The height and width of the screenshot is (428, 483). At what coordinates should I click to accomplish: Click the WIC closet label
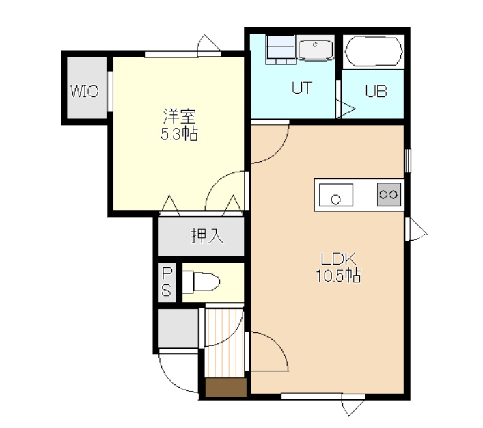85,91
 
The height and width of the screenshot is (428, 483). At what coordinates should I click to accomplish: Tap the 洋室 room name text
180,116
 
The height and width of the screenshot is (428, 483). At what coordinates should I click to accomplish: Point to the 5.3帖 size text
179,134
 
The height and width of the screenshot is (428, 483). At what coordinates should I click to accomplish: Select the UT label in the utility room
302,88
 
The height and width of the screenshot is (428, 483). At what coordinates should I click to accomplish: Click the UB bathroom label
376,91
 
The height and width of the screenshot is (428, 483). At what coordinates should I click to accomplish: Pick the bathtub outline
374,51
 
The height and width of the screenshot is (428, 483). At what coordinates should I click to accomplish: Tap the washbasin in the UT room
316,48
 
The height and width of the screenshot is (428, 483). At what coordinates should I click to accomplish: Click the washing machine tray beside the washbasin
281,49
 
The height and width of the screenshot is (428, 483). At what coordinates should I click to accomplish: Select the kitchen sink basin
336,195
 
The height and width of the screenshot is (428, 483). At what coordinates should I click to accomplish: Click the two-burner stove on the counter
389,194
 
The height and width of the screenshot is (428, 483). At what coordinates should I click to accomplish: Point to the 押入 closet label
207,236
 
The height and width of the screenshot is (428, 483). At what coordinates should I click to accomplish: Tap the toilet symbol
201,282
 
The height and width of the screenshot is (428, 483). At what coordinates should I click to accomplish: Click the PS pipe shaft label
167,282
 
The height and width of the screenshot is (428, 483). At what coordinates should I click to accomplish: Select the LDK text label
338,259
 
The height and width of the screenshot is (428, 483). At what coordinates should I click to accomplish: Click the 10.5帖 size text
338,276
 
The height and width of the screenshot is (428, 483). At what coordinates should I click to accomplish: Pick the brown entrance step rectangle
226,387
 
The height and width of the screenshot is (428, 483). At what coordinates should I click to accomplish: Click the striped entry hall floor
224,343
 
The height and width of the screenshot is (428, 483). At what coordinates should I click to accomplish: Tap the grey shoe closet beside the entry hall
178,328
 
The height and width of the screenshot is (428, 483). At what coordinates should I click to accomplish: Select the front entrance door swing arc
172,380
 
